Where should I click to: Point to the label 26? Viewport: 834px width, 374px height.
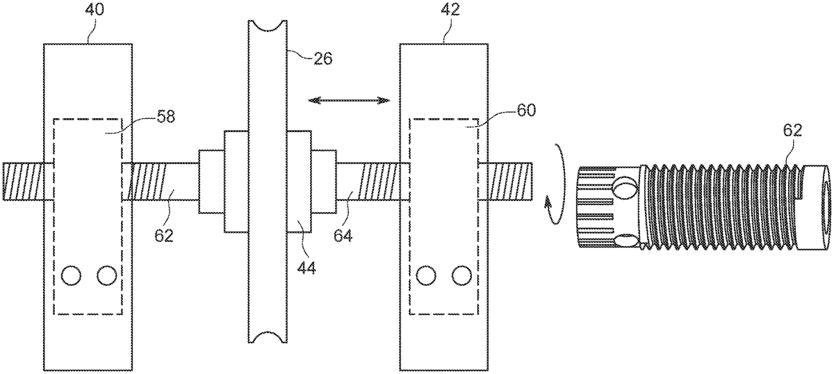pos(322,58)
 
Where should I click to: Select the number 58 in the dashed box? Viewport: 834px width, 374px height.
pos(165,117)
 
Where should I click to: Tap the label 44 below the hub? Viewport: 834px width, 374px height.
pos(307,266)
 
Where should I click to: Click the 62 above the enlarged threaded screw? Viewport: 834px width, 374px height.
pos(792,131)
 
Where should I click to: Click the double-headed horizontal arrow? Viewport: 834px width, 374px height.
pos(350,101)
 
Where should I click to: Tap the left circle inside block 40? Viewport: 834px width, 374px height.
pos(71,276)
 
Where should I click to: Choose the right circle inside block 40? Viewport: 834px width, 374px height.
pos(106,276)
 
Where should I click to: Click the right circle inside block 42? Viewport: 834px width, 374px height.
pos(461,276)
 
